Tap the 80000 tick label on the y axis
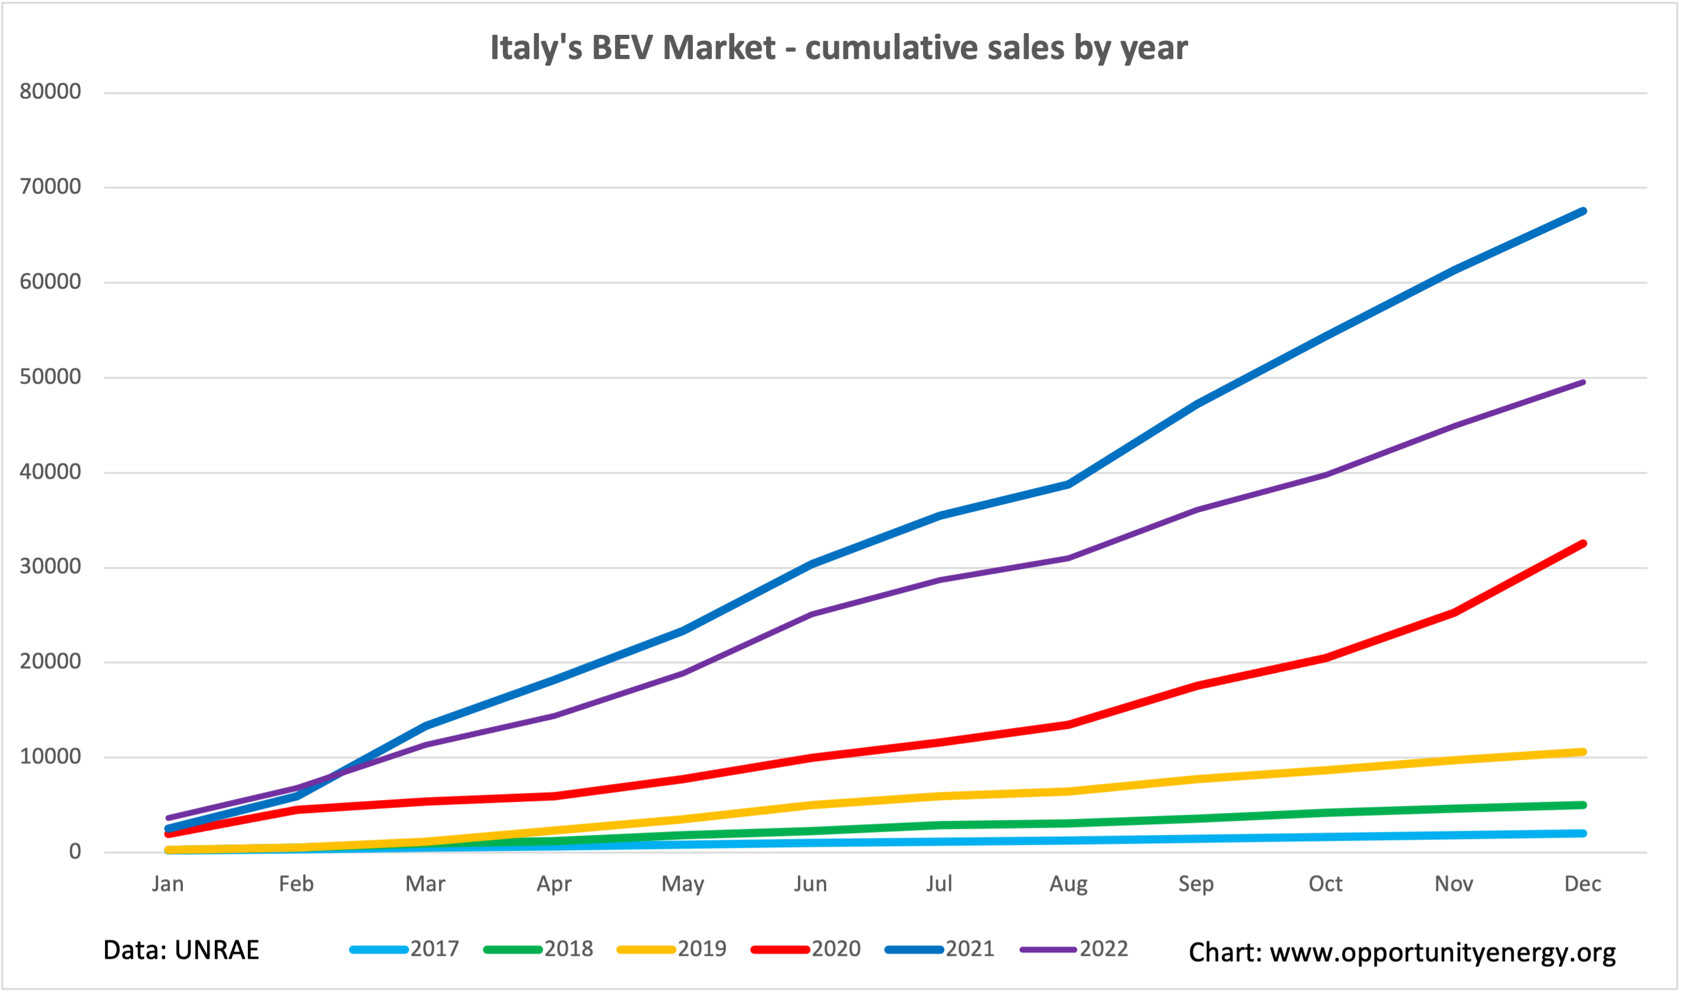(x=50, y=92)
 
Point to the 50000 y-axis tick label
(x=50, y=377)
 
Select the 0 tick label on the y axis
(x=75, y=852)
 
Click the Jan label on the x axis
(x=167, y=884)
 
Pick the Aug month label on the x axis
(x=1068, y=884)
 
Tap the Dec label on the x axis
(x=1582, y=884)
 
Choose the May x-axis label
(x=682, y=884)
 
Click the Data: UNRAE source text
(x=181, y=950)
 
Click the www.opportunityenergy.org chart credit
(x=1402, y=952)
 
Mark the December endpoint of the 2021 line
(x=1582, y=211)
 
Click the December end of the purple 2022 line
(x=1582, y=382)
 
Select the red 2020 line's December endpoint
(x=1582, y=543)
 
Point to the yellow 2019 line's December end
(x=1582, y=752)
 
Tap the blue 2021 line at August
(x=1068, y=484)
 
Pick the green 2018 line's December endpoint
(x=1582, y=805)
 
